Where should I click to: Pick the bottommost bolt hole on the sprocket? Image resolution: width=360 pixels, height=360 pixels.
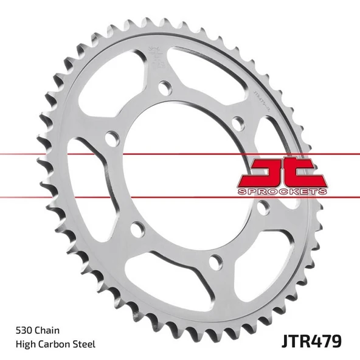213,263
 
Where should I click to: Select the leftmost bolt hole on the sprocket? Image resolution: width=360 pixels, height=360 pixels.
111,138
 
